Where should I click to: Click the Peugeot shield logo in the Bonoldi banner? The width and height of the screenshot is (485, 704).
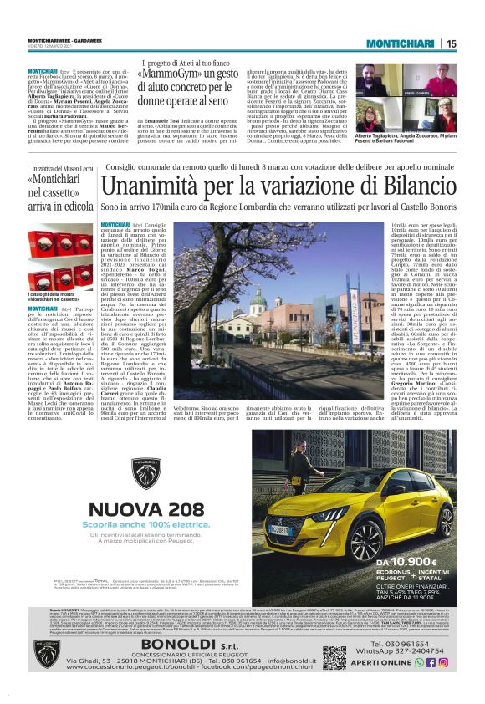click(x=47, y=654)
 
